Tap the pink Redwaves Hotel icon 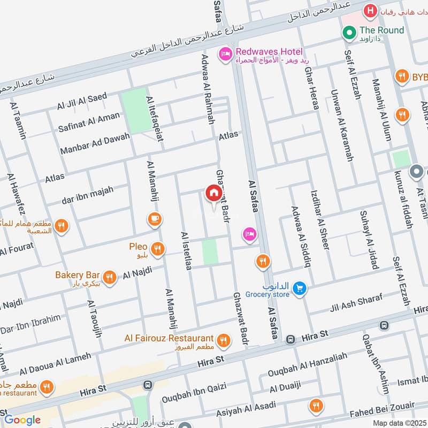[x=225, y=53]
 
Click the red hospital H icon [x=369, y=10]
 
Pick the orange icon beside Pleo [x=157, y=248]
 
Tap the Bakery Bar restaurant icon [x=110, y=277]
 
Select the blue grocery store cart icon [x=300, y=288]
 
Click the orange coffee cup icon [x=154, y=219]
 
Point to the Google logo [x=22, y=420]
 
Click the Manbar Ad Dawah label [x=95, y=144]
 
